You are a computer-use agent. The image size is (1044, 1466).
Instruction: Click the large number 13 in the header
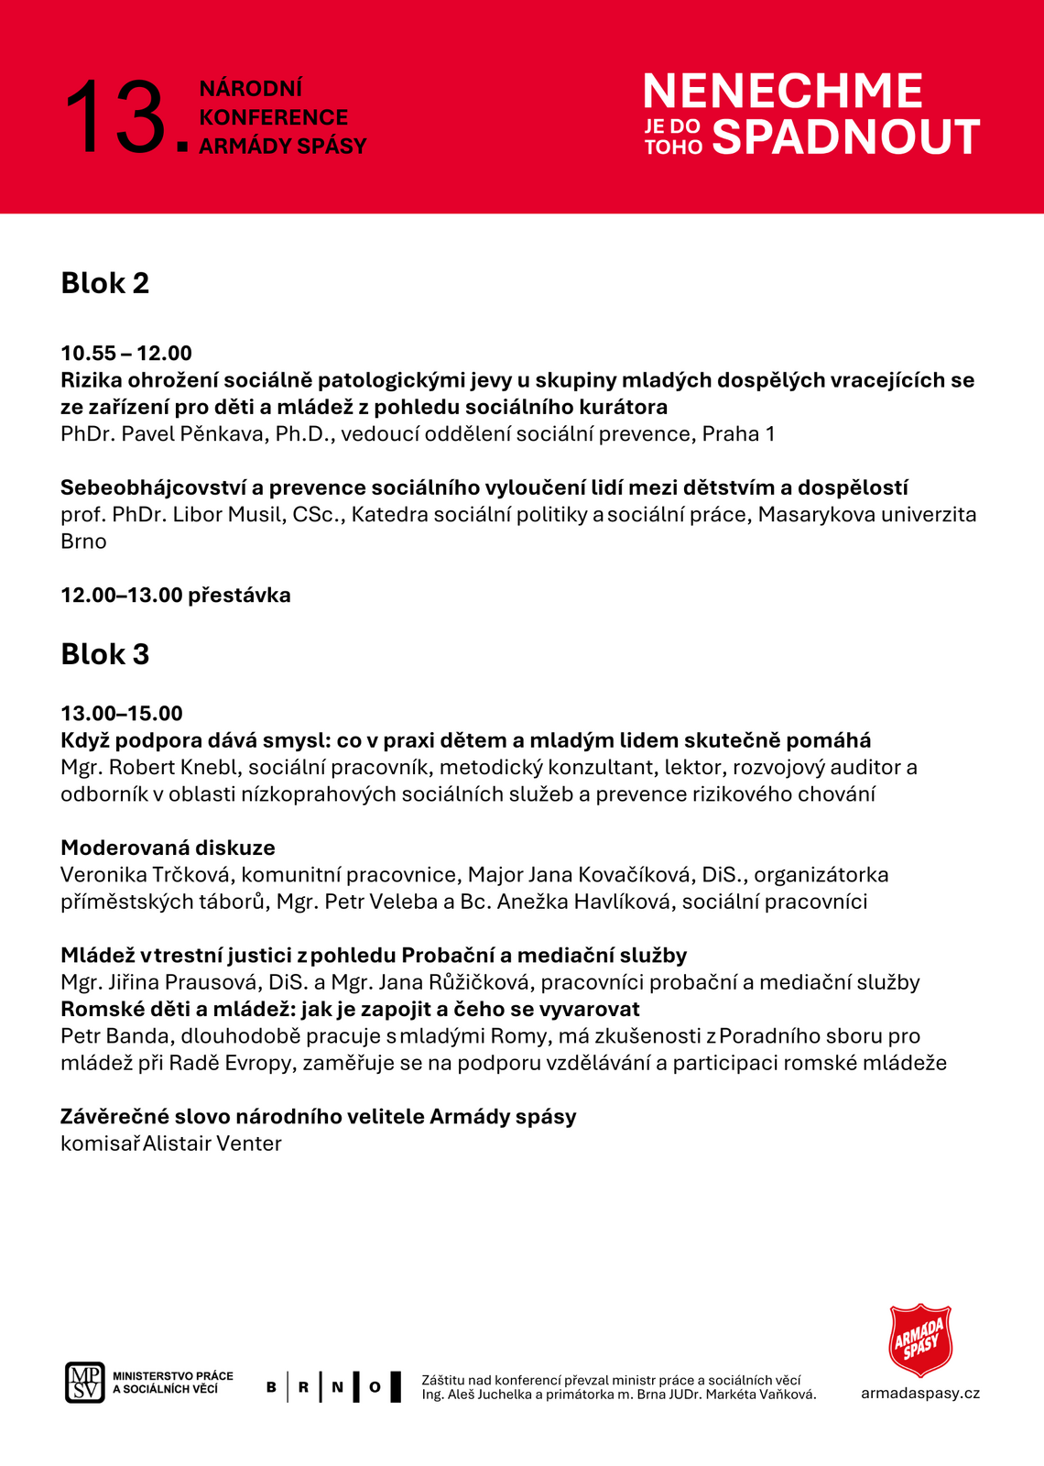(x=115, y=117)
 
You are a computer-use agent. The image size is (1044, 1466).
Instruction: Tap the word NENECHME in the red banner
(x=783, y=92)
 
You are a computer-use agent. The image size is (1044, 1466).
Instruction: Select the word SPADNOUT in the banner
(x=846, y=137)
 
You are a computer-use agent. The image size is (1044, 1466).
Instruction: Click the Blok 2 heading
(x=104, y=283)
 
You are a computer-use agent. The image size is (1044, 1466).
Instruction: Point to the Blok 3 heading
(x=104, y=654)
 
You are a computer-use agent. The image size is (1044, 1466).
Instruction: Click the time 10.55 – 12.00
(x=126, y=354)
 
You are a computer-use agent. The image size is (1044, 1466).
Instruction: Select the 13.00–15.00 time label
(x=122, y=714)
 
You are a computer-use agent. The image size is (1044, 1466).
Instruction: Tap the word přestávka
(x=239, y=596)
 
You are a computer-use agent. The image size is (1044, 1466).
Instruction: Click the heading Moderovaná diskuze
(x=168, y=848)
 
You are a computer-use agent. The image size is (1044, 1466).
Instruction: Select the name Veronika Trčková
(x=145, y=875)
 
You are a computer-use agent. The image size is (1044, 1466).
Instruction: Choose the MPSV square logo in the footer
(x=84, y=1382)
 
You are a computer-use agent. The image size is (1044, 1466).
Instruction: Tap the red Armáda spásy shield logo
(x=920, y=1340)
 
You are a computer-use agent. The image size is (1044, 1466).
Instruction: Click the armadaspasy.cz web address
(x=919, y=1394)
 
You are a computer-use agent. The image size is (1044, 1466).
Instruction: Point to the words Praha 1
(x=738, y=434)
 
